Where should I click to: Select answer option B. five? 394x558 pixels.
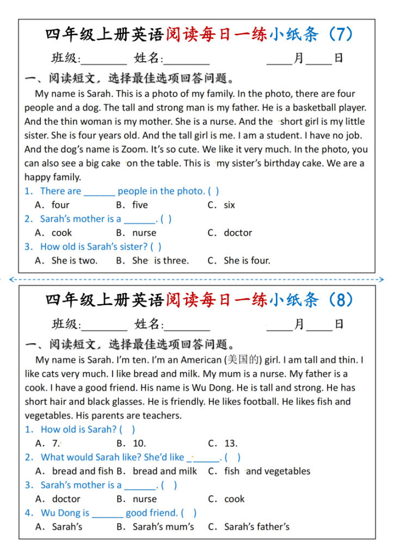[132, 205]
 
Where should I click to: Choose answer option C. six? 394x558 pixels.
[221, 205]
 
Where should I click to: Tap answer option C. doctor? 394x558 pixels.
[230, 233]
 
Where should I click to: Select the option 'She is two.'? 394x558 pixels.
[66, 260]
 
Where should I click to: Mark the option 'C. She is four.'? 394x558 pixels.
[239, 260]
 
